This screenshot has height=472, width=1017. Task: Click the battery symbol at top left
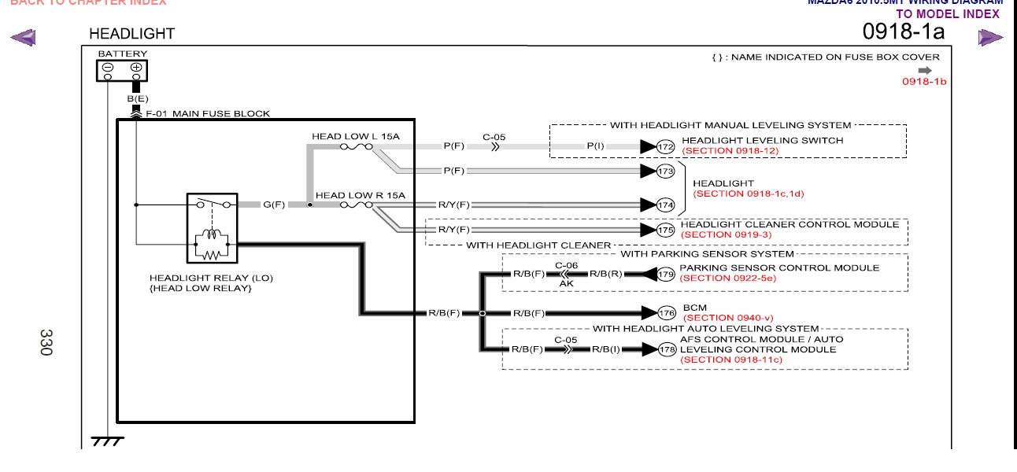coord(123,69)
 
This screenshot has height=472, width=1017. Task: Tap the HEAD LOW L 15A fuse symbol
coord(356,146)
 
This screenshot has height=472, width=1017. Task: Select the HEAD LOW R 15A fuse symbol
coord(356,205)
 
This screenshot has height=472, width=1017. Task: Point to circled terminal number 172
coord(666,146)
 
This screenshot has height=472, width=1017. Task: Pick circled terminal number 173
coord(666,171)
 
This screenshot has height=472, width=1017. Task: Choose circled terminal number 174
coord(666,205)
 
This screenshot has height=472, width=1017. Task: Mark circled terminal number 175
coord(666,230)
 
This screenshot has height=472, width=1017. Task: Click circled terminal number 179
coord(666,274)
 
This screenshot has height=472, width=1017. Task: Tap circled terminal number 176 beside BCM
coord(666,313)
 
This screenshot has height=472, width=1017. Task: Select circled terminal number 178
coord(666,349)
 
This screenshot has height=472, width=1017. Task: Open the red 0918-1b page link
coord(923,81)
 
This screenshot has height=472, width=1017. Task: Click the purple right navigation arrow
coord(990,37)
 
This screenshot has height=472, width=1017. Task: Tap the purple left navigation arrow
coord(24,37)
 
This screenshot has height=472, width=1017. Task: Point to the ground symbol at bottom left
coord(107,441)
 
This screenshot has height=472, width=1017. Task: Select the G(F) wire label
coord(273,205)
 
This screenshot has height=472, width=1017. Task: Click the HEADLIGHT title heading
coord(131,34)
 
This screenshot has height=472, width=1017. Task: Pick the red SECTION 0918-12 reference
coord(731,149)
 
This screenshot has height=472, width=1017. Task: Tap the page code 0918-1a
coord(903,31)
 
